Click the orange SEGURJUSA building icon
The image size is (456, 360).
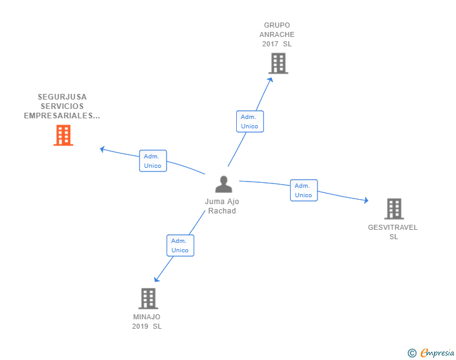(63, 135)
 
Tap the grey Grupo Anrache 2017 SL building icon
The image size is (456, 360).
(278, 63)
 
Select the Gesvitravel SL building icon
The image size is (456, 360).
(393, 208)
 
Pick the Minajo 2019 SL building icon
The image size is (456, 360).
(148, 299)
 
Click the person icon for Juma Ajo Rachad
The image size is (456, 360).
(223, 185)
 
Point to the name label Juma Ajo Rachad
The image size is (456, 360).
(222, 206)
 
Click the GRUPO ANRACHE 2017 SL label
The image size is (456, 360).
(277, 34)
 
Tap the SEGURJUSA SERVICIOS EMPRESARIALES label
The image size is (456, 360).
(62, 106)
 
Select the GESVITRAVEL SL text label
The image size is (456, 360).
(393, 232)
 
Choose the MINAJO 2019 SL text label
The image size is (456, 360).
(147, 321)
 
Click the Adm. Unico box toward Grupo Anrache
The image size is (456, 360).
(250, 121)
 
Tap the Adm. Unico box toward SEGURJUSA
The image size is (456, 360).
(152, 161)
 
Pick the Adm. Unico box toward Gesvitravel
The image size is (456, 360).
(303, 190)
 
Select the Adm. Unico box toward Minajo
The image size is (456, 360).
(180, 245)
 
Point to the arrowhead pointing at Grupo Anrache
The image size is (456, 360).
(271, 80)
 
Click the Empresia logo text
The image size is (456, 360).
(437, 353)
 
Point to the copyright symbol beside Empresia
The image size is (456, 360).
(412, 353)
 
